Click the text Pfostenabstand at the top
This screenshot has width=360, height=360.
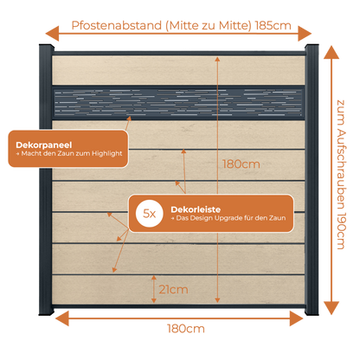point(117,25)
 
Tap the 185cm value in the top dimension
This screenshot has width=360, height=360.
point(273,25)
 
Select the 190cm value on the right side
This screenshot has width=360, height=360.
point(341,231)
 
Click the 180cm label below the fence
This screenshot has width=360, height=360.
point(186,329)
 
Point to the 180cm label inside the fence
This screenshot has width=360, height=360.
point(241,164)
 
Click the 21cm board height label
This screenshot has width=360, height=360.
point(173,289)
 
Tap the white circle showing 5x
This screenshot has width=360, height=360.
point(150,214)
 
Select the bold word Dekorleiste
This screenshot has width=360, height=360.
point(196,209)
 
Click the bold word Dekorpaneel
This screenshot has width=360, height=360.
point(44,145)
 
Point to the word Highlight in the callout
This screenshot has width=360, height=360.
point(107,153)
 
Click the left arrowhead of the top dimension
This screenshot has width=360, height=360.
point(52,34)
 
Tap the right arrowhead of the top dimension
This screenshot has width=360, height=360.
point(305,34)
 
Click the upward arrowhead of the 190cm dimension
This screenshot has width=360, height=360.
point(331,52)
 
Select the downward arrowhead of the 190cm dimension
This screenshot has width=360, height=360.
point(331,308)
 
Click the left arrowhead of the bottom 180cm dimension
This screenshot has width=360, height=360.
point(62,318)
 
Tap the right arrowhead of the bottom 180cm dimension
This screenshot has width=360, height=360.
point(296,318)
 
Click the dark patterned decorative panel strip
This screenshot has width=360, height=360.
point(178,103)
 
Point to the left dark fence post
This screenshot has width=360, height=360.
point(46,179)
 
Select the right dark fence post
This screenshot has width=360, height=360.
point(312,179)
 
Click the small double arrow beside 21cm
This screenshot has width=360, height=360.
point(154,289)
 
